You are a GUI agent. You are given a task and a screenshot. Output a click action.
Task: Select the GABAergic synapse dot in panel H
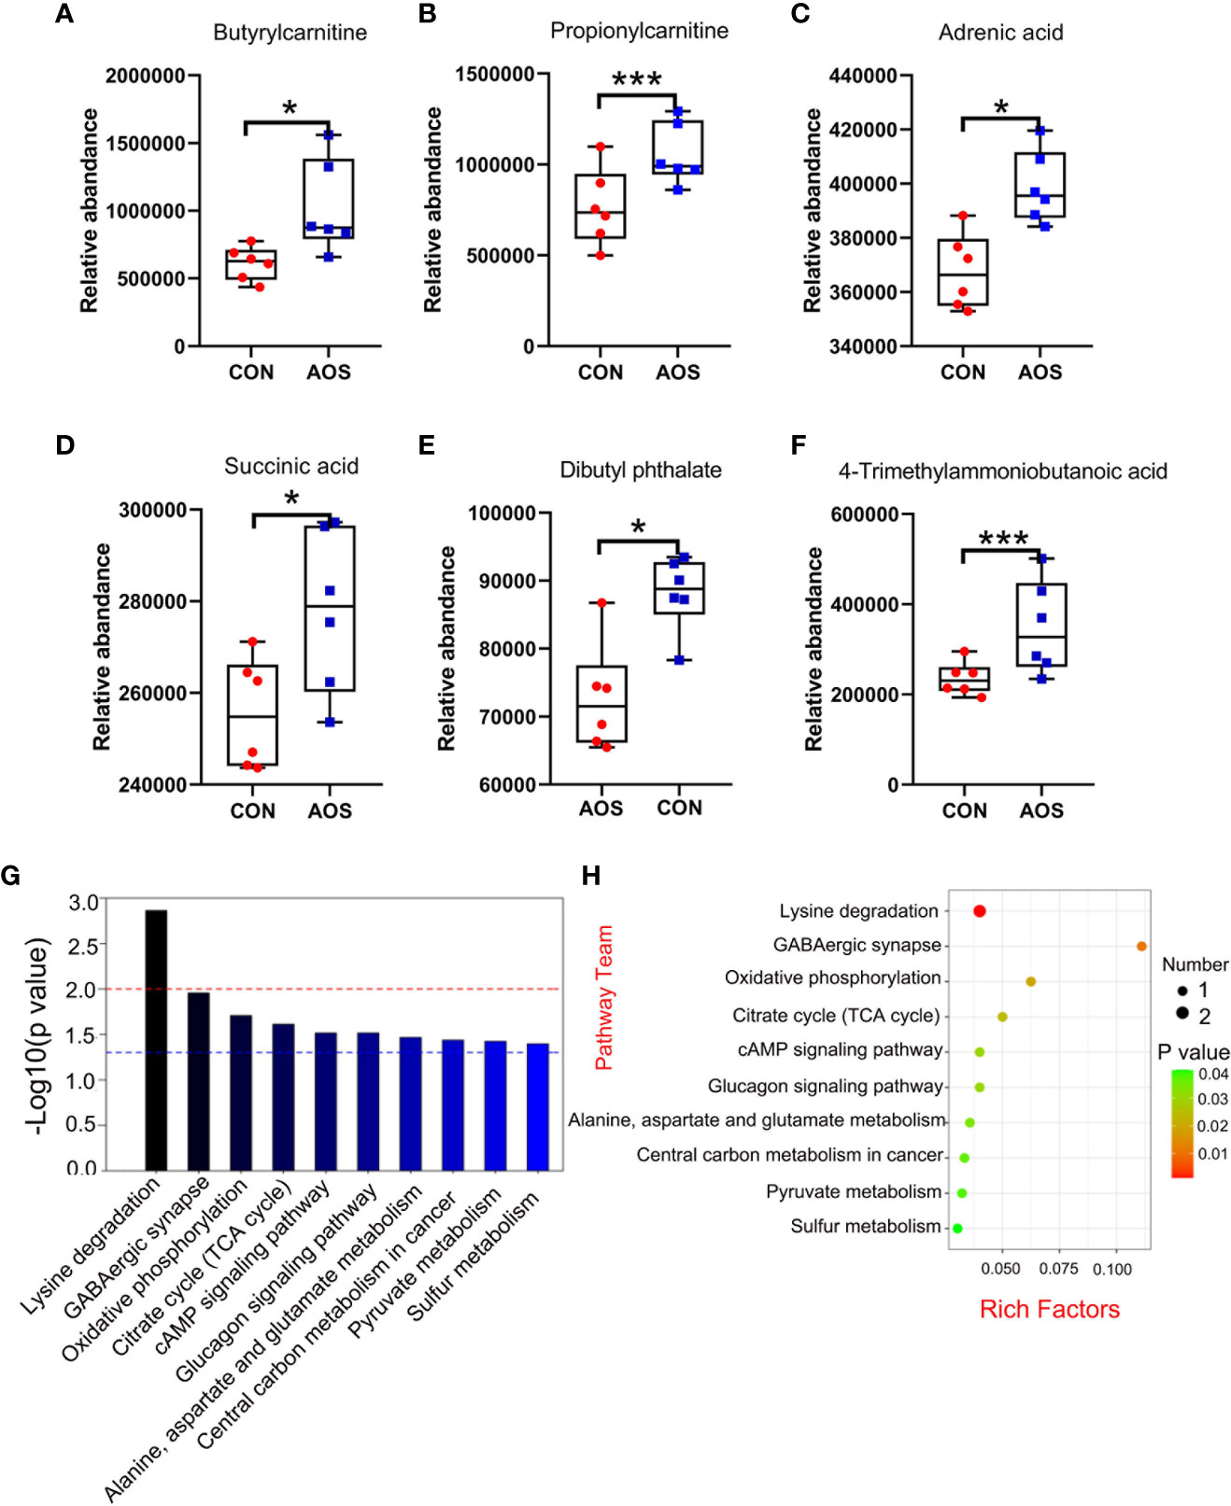click(1141, 947)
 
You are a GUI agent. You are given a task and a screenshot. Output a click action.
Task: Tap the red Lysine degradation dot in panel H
click(980, 911)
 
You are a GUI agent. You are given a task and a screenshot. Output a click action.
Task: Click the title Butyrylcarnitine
click(290, 33)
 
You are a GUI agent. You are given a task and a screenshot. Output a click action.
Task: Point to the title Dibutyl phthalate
click(641, 470)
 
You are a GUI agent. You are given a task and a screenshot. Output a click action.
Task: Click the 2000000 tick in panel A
click(145, 76)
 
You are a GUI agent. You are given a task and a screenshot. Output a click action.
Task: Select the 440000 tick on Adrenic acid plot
click(863, 76)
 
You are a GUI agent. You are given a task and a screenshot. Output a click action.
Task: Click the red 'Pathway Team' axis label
click(604, 997)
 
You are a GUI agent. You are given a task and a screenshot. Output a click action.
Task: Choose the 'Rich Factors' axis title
click(1049, 1309)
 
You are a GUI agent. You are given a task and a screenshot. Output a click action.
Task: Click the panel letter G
click(11, 876)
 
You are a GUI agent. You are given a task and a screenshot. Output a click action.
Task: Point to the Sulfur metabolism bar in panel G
click(537, 1106)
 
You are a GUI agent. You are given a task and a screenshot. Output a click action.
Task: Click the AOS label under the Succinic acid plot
click(330, 810)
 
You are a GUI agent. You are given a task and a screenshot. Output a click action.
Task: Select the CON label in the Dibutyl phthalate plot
click(679, 808)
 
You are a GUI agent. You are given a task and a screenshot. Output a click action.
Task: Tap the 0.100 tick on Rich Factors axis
click(1112, 1270)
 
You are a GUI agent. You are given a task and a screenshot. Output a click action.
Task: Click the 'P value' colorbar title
click(1194, 1052)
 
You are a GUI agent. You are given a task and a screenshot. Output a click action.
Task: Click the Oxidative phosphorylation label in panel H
click(832, 978)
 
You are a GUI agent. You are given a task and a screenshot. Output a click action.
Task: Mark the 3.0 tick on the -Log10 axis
click(83, 903)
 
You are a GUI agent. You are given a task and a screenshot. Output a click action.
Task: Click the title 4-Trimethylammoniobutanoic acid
click(1002, 472)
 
